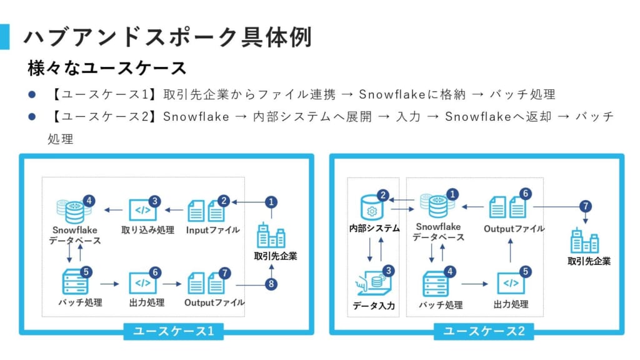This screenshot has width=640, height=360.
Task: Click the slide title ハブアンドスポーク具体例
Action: coord(167,37)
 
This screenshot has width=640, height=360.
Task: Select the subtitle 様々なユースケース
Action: coord(107,68)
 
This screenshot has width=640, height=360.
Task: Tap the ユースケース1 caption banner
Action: coord(173,331)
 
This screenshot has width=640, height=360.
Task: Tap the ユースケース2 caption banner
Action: coord(484,331)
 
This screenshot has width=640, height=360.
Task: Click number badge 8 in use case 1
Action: coord(271,284)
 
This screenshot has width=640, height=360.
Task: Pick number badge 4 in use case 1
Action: coord(89,201)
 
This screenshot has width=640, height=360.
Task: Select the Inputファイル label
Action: coord(212,230)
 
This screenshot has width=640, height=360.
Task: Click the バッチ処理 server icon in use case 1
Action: coord(76,282)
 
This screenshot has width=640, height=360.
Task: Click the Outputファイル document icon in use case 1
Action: coord(207,283)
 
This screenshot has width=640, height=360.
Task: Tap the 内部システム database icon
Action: coord(372,207)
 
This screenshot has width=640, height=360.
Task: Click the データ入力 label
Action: coord(374,306)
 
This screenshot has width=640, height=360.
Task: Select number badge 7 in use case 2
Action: coord(585,206)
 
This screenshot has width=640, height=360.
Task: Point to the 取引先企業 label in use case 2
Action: coord(589,261)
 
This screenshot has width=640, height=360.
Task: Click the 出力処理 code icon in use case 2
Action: coord(511,283)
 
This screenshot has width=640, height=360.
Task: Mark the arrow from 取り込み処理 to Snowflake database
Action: coord(112,210)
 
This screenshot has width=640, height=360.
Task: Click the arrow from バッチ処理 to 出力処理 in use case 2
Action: coord(474,284)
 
